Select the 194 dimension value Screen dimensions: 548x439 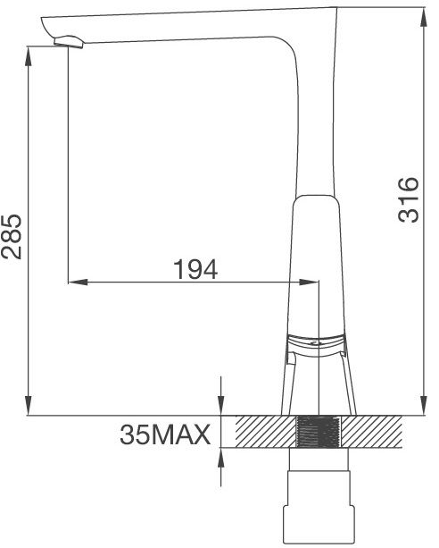195,268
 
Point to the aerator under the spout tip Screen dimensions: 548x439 69,40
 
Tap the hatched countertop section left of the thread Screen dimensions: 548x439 262,433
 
